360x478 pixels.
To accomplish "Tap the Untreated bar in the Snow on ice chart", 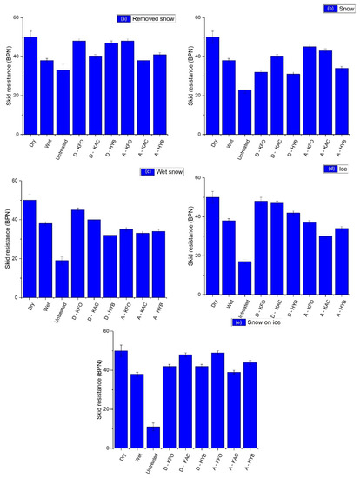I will [153, 437].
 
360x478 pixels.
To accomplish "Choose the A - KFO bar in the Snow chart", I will [309, 90].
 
